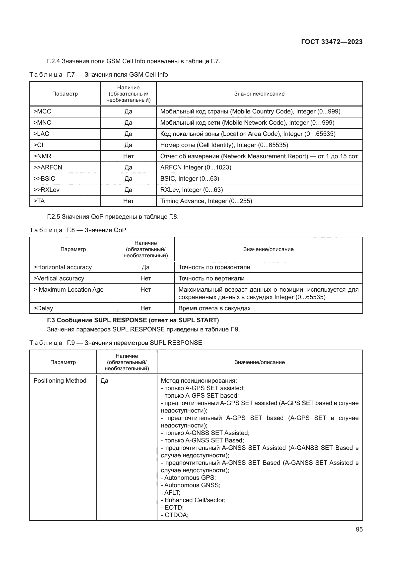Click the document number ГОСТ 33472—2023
[x=332, y=42]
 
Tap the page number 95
[x=359, y=529]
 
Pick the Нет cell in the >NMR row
[x=128, y=156]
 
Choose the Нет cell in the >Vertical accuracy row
[x=146, y=278]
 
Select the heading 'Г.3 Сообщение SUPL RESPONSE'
[x=133, y=320]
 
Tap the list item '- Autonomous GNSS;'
[x=191, y=485]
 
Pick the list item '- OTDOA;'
[x=175, y=515]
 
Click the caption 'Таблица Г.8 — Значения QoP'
[x=78, y=230]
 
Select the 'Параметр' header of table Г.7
[x=65, y=94]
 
